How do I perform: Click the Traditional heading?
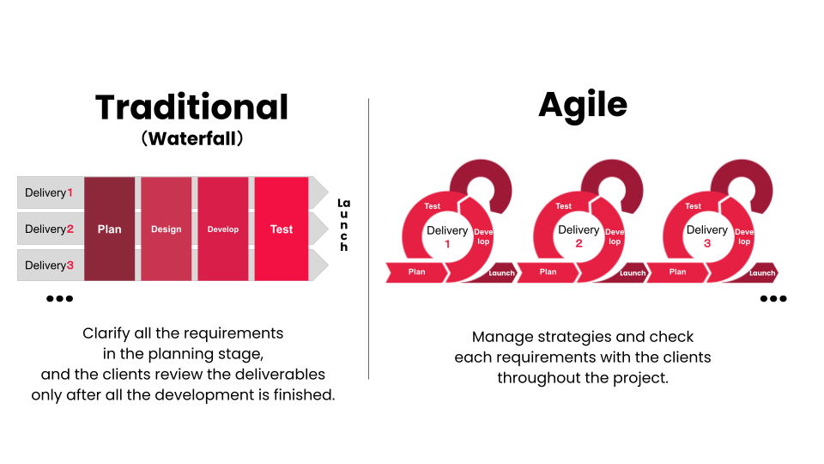pos(191,107)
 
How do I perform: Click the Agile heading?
pos(583,105)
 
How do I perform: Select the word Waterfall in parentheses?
pos(192,137)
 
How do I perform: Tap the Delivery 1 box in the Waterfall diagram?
pos(50,192)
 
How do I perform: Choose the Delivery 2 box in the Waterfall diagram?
pos(50,229)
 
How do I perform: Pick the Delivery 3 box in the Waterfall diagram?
pos(50,265)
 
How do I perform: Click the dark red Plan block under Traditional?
pos(109,229)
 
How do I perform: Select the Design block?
pos(166,229)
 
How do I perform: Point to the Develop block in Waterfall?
pos(223,229)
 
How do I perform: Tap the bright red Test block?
pos(281,229)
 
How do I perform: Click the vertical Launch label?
pos(343,224)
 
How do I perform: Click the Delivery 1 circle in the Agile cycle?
pos(447,236)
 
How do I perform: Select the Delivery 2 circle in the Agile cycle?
pos(579,236)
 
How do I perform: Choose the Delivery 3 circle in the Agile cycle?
pos(707,236)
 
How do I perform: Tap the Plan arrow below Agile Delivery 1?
pos(417,272)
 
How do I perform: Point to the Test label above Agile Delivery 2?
pos(563,206)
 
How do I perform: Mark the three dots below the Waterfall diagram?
pos(59,299)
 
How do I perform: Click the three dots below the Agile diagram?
pos(772,299)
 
